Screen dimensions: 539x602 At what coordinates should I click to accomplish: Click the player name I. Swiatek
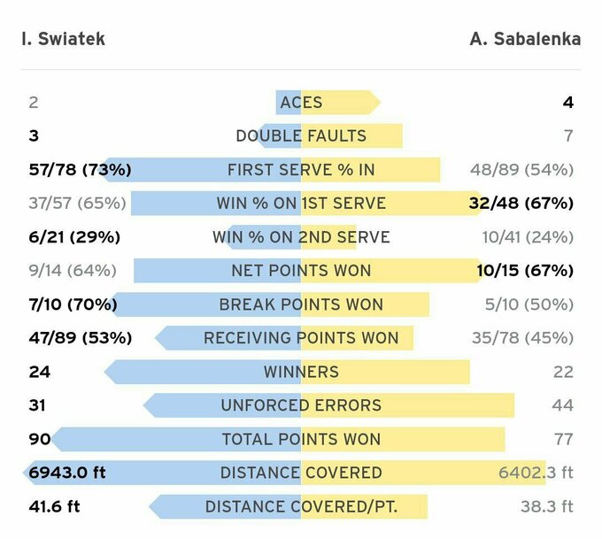pos(62,39)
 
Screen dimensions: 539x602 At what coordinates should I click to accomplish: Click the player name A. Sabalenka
pos(525,39)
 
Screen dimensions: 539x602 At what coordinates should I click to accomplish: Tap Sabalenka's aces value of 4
pos(567,103)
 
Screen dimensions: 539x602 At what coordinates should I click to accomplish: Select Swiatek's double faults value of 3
pos(34,136)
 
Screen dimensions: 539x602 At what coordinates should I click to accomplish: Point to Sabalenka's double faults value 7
pos(567,136)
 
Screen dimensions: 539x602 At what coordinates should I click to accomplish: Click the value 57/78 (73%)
pos(80,170)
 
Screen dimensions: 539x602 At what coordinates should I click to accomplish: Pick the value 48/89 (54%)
pos(521,170)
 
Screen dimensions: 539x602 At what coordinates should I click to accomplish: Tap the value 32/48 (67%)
pos(521,204)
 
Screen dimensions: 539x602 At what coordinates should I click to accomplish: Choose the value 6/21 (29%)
pos(74,237)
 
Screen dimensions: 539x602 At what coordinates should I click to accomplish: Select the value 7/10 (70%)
pos(73,304)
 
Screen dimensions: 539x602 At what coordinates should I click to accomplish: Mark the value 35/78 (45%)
pos(521,338)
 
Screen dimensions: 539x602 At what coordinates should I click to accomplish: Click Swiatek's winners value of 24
pos(39,372)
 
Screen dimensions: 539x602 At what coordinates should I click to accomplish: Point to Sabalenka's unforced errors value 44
pos(563,405)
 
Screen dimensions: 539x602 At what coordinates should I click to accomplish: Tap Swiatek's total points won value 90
pos(39,439)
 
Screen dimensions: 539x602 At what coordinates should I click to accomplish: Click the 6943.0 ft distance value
pos(67,473)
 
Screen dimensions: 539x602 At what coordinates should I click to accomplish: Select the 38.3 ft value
pos(546,506)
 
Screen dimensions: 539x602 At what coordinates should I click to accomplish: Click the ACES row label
pos(301,103)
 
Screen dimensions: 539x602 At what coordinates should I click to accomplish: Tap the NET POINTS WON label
pos(301,271)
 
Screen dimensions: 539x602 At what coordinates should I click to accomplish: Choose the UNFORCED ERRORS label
pos(301,405)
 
